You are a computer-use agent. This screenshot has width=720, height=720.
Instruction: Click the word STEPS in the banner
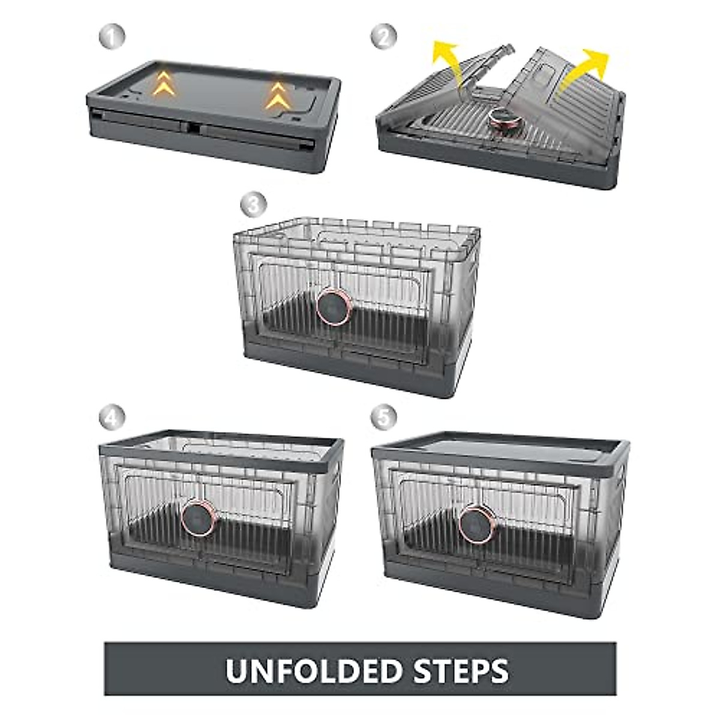click(x=458, y=670)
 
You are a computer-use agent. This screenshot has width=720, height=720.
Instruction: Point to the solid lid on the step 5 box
click(x=498, y=444)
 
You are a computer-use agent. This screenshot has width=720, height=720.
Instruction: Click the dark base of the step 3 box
click(x=354, y=372)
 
